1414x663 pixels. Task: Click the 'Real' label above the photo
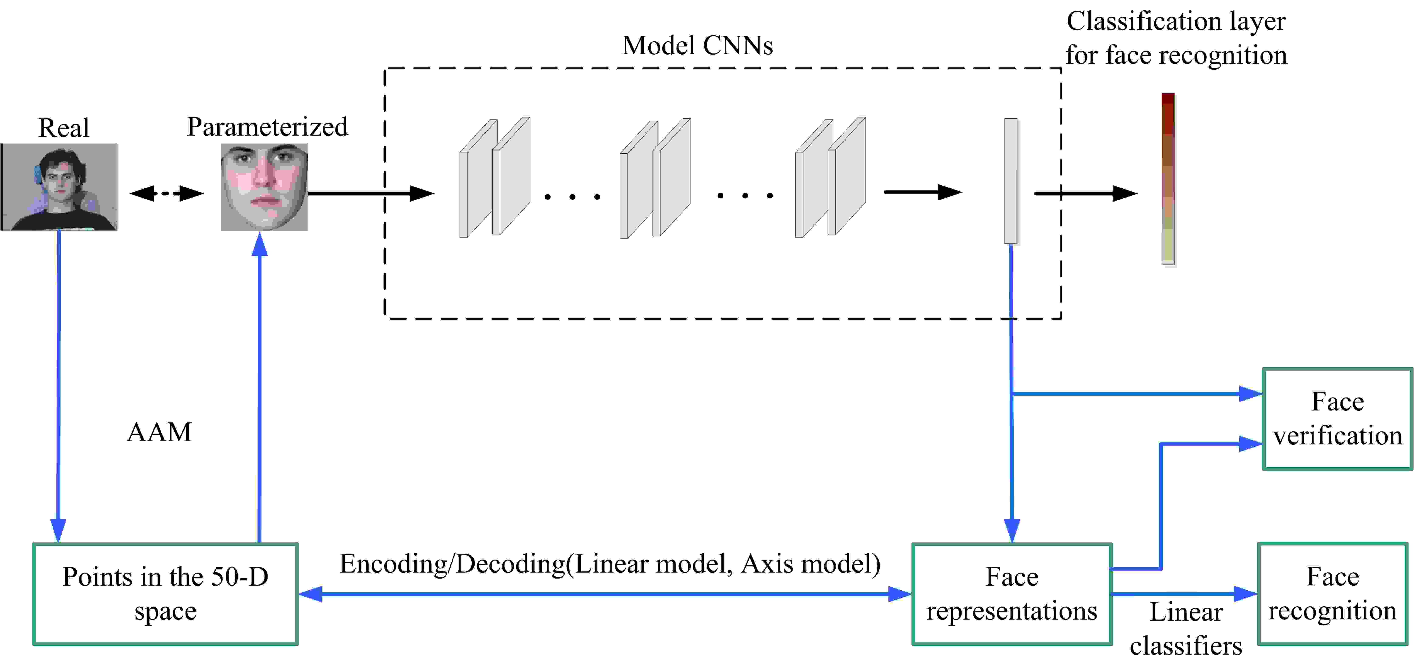click(64, 128)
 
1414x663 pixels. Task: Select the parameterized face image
click(264, 187)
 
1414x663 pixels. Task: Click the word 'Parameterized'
click(267, 127)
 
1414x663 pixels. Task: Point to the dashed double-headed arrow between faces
click(166, 193)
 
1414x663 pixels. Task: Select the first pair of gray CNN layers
click(495, 177)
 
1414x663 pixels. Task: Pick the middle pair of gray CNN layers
click(655, 178)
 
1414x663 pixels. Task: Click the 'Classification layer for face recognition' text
click(1176, 38)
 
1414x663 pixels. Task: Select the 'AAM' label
click(159, 432)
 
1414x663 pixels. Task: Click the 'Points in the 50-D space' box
click(165, 594)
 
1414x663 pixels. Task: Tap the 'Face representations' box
click(1012, 594)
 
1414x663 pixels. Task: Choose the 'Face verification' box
click(1337, 419)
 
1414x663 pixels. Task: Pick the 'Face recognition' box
click(1332, 594)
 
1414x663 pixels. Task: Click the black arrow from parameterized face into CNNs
click(371, 193)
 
